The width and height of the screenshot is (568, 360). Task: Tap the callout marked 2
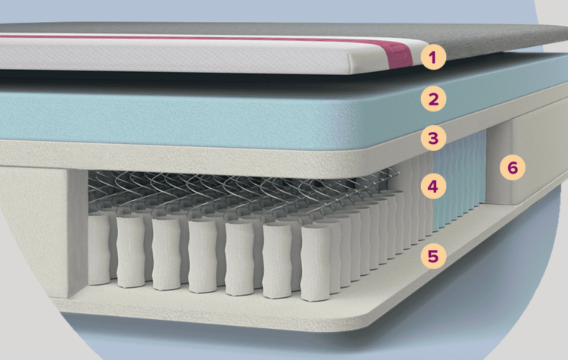[432, 98]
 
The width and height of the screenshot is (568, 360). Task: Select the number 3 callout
[432, 139]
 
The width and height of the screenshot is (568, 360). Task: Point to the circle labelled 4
[432, 185]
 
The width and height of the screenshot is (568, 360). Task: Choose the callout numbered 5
[432, 256]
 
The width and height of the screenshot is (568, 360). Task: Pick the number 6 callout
[512, 167]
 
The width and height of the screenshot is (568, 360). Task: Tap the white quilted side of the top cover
[189, 57]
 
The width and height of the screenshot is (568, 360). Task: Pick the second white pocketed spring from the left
[130, 255]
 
